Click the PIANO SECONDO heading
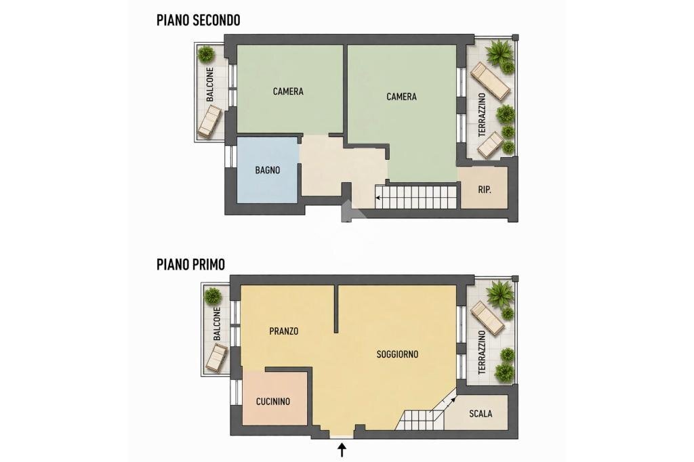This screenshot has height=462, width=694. pos(198,20)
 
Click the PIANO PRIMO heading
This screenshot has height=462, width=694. pos(190,264)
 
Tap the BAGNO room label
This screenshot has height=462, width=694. pos(268,170)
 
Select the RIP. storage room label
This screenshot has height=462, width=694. pos(484,190)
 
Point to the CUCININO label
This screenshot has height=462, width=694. pos(272,402)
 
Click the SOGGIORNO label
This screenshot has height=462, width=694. pos(397,354)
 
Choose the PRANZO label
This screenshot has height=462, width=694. pos(283,331)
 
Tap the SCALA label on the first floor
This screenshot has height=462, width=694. pos(481,414)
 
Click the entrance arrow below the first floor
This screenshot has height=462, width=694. pos(342,449)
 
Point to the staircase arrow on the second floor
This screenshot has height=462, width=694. pos(378,198)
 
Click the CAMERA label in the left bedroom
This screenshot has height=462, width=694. pos(288,91)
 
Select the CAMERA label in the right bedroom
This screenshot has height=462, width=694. pos(401,97)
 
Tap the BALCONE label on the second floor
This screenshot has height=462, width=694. pos(210,85)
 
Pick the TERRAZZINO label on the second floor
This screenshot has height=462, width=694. pos(482,115)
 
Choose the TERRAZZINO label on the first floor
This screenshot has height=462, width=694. pos(482,352)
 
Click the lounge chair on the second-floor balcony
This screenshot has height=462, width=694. pos(210,121)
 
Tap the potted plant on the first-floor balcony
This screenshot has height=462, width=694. pos(213,295)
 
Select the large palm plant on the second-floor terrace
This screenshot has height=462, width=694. pos(499,51)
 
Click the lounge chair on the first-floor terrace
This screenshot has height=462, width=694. pos(487,317)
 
